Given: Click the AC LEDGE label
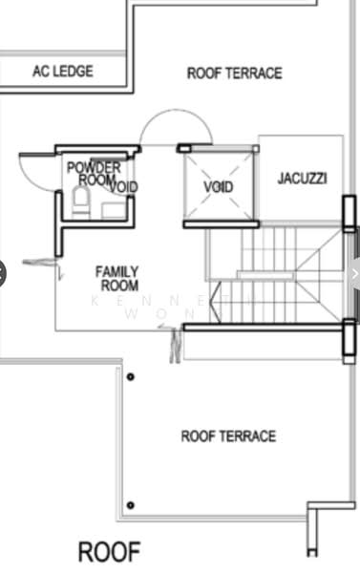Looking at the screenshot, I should [62, 72].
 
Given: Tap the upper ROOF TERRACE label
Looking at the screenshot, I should [234, 73].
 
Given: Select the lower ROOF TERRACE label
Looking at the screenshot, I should [228, 436].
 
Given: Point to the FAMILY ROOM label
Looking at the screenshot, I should [116, 278].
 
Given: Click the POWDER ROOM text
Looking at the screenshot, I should [94, 173].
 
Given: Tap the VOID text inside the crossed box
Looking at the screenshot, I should [219, 186].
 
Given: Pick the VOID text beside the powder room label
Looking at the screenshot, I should [124, 187].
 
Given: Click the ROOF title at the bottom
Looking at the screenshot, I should [109, 551].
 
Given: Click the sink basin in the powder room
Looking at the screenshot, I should [114, 209].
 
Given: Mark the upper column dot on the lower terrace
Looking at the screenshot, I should [131, 377].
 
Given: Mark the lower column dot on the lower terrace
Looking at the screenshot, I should [131, 505].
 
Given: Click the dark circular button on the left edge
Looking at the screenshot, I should [2, 274].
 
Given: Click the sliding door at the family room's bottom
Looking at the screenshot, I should [175, 344].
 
